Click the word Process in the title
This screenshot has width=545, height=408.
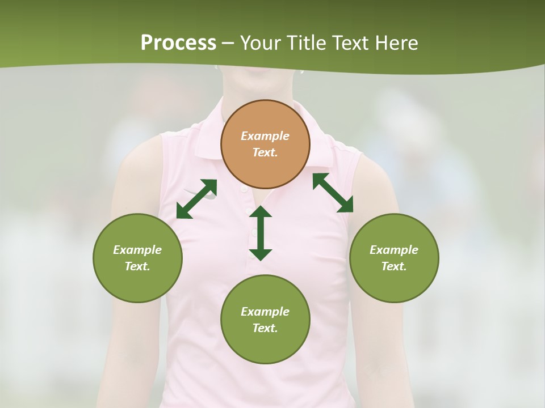(x=178, y=43)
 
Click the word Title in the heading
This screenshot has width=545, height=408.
(x=307, y=43)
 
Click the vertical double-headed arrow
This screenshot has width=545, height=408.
(x=261, y=233)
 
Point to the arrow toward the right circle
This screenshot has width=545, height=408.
(x=333, y=193)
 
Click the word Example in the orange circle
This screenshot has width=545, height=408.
(x=265, y=136)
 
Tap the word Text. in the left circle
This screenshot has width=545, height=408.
(x=137, y=266)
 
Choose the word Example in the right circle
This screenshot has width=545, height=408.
(x=394, y=250)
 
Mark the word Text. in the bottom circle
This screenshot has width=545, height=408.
(x=265, y=328)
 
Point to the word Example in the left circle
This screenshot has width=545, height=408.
(x=137, y=250)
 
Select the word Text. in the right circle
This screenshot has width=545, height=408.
(x=394, y=266)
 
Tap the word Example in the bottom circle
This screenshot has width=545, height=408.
(x=265, y=312)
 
